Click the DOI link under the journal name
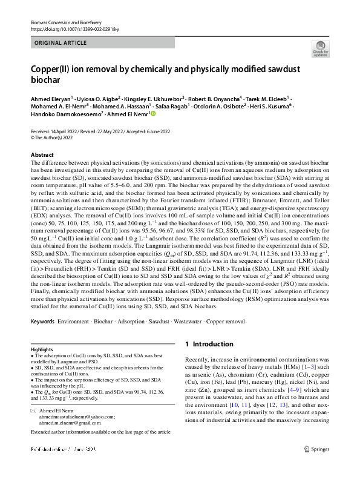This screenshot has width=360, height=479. [70, 29]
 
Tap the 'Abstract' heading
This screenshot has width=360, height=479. [42, 155]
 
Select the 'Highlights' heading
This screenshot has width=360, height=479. [42, 351]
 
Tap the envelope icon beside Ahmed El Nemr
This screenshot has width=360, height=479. [33, 410]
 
